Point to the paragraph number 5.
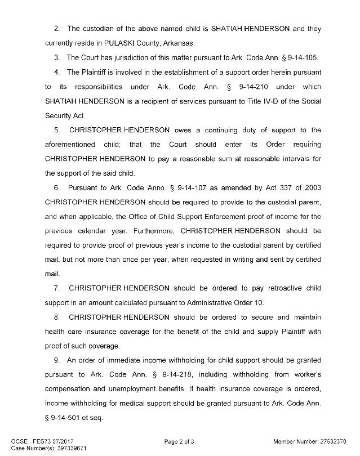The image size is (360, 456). click(56, 130)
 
